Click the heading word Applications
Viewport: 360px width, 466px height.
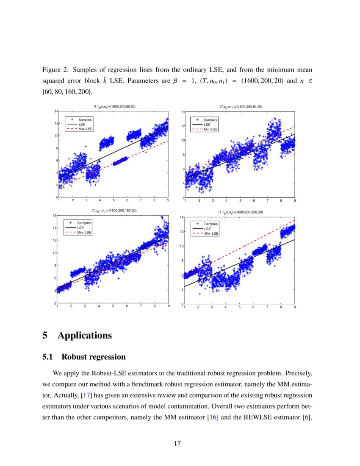(x=85, y=336)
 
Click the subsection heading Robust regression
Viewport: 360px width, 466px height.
(x=94, y=357)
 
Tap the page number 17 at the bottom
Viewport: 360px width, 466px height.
(x=177, y=444)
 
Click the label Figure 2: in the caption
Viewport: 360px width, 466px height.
(x=55, y=69)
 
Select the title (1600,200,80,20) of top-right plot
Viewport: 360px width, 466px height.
(x=240, y=107)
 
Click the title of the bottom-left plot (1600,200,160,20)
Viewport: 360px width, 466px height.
(x=114, y=210)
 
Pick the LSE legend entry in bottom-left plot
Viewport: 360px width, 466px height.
(x=80, y=227)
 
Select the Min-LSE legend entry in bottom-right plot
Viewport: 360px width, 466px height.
(x=210, y=233)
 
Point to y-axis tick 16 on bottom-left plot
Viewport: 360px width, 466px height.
(x=54, y=216)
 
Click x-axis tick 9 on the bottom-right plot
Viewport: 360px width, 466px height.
(x=294, y=308)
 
